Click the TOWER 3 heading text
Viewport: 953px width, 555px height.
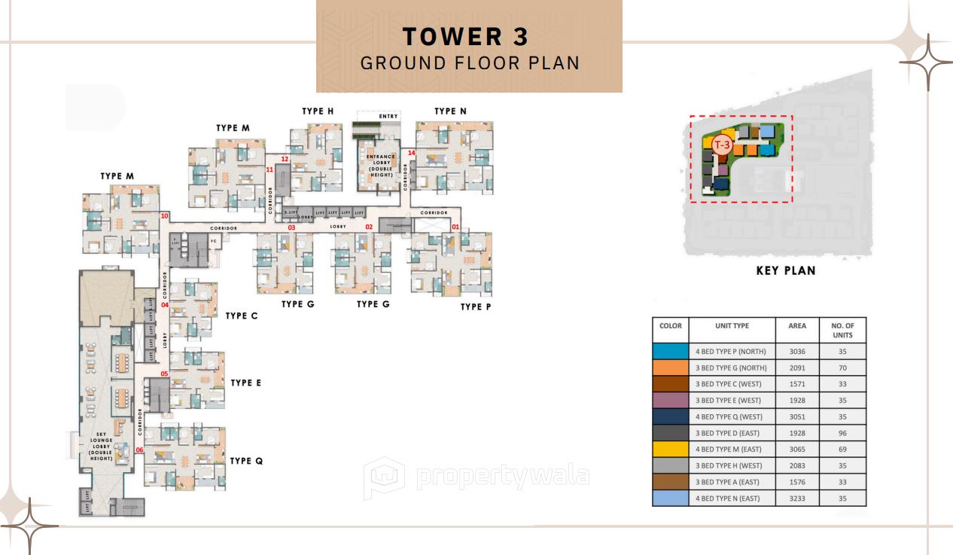(x=465, y=36)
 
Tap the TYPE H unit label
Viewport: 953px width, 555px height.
(x=318, y=111)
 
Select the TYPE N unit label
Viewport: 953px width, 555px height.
(x=450, y=111)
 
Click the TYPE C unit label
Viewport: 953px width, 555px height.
(x=242, y=316)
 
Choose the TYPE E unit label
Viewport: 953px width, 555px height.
(x=245, y=383)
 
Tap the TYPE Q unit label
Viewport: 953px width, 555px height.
(x=246, y=461)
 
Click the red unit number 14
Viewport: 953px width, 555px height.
(x=411, y=153)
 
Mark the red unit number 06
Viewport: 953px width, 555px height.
(x=140, y=450)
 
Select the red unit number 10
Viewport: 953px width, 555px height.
(x=164, y=216)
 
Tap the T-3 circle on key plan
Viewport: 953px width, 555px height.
(x=722, y=144)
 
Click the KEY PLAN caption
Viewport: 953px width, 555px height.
(x=785, y=270)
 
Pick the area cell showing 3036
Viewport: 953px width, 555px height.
(x=797, y=351)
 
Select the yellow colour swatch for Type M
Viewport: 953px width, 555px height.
(x=670, y=449)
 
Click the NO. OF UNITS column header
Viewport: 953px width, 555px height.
(x=842, y=331)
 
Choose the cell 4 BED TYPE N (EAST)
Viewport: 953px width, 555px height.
(x=732, y=499)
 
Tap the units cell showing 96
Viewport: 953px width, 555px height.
(x=842, y=433)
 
